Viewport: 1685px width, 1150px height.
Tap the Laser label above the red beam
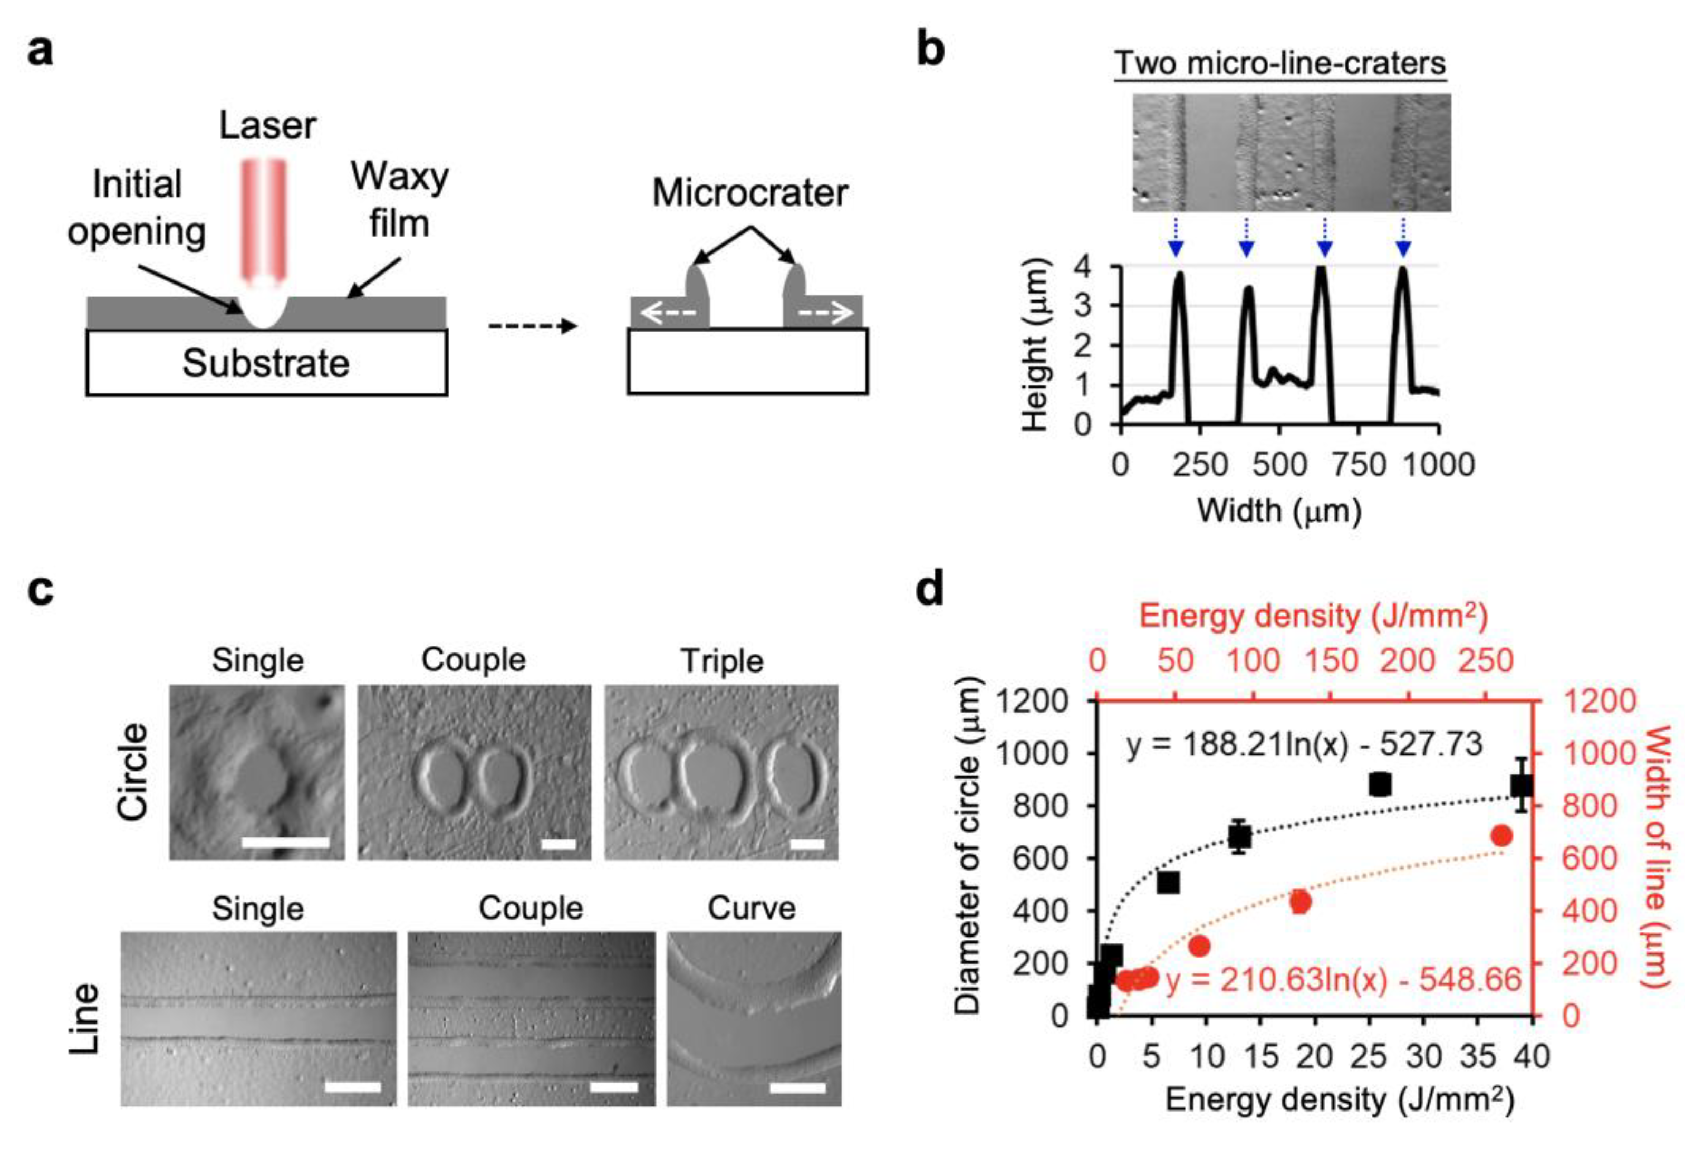coord(267,125)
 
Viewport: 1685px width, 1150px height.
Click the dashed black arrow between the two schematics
coord(533,326)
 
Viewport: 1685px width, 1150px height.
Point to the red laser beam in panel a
coord(264,217)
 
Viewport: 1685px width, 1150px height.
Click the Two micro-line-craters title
coord(1280,63)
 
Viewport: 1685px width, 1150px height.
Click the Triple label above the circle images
coord(721,661)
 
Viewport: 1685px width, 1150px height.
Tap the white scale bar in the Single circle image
coord(286,842)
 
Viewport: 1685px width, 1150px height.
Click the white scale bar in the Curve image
coord(797,1088)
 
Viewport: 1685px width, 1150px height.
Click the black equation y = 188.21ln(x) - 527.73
coord(1304,744)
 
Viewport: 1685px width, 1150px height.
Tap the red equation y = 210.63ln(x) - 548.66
coord(1343,980)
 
